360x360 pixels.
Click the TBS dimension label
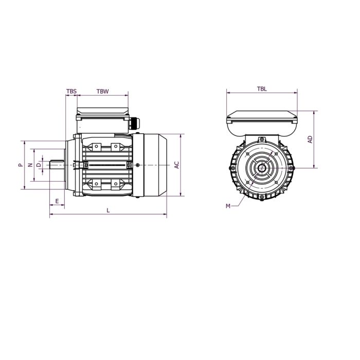71,91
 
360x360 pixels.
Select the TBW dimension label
103,91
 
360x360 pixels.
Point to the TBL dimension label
262,89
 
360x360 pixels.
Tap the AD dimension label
310,139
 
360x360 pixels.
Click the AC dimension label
176,165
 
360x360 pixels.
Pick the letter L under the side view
108,210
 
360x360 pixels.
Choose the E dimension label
57,201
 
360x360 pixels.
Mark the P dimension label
20,165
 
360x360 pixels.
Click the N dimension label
30,165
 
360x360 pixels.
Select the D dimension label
39,165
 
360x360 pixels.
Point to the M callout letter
228,206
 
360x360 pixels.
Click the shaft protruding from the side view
57,165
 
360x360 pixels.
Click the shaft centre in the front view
262,167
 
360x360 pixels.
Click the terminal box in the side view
103,118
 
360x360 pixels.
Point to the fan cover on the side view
154,165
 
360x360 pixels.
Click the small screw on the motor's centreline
139,165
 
